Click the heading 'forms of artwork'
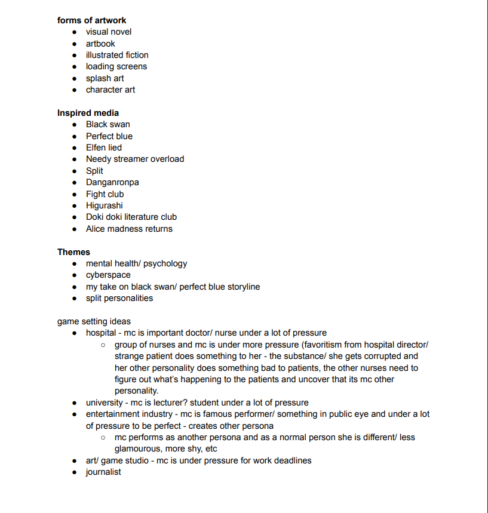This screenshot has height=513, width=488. [x=91, y=20]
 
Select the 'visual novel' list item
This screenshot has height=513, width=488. [x=109, y=32]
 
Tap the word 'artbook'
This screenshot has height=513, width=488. [x=100, y=44]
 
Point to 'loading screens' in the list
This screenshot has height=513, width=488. [x=116, y=66]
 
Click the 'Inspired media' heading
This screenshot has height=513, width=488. [x=88, y=113]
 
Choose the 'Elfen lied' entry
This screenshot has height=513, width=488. [x=103, y=148]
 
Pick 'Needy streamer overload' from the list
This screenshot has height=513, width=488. [x=134, y=159]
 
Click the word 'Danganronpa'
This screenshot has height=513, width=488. [x=112, y=182]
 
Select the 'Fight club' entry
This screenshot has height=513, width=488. [x=105, y=194]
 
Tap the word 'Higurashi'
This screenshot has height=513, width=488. [x=104, y=205]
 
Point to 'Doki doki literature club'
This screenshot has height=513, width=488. [x=131, y=217]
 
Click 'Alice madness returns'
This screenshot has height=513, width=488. [x=129, y=229]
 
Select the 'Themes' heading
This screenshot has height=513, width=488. [x=73, y=252]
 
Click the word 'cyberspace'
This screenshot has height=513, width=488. [x=108, y=275]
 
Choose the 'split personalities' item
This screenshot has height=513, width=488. [x=119, y=298]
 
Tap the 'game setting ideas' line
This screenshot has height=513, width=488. [x=94, y=321]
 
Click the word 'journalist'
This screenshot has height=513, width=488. [x=103, y=472]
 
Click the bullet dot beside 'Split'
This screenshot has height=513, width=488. [x=74, y=171]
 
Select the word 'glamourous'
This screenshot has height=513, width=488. [x=137, y=449]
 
